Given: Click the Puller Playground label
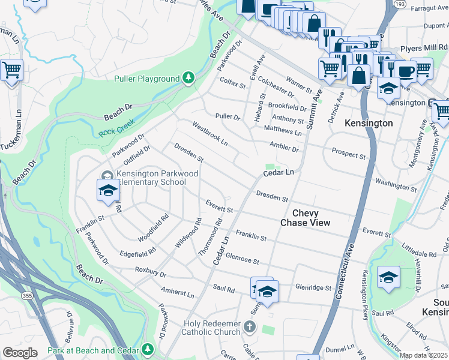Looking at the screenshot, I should tap(146, 79).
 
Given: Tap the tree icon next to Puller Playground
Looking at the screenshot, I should tap(188, 78).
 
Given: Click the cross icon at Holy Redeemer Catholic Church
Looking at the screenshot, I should tap(250, 328).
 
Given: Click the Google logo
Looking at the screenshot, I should tap(20, 353).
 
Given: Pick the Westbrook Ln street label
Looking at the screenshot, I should tap(209, 134).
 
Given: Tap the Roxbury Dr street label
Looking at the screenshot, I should tap(150, 273).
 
